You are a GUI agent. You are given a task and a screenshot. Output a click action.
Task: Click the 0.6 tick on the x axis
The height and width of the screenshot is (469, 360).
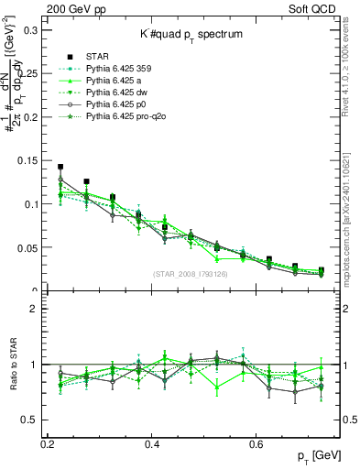284,442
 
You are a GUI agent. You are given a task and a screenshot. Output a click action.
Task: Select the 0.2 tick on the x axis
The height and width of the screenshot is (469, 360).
49,442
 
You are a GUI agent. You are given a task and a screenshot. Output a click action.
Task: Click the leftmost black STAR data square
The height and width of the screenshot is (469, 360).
60,168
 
